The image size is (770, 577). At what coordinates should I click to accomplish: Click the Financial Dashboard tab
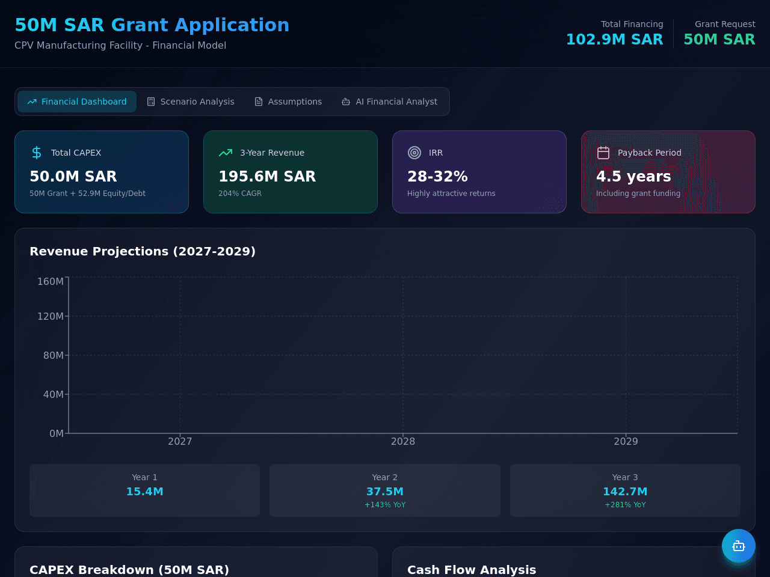[x=77, y=102]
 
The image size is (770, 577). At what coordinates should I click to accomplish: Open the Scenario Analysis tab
[x=191, y=102]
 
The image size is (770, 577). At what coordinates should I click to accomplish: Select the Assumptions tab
[x=288, y=102]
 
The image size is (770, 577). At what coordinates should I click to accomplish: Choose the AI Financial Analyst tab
[x=389, y=102]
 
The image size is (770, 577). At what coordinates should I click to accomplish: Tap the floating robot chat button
[x=739, y=546]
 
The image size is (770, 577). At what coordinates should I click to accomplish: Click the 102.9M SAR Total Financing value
[x=615, y=39]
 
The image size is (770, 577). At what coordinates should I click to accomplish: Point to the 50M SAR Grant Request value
[x=719, y=39]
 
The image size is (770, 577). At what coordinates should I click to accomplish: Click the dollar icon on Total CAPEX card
[x=37, y=153]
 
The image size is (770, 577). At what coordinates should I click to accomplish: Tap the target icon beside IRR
[x=414, y=153]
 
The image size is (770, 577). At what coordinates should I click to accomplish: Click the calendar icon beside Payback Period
[x=603, y=153]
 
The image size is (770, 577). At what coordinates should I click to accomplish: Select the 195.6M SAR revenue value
[x=267, y=176]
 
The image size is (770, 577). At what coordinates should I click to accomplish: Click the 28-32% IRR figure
[x=437, y=176]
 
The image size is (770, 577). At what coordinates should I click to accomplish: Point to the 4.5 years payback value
[x=633, y=176]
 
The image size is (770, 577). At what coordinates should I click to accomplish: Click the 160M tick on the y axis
[x=51, y=281]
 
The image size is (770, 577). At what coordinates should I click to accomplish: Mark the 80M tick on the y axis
[x=54, y=355]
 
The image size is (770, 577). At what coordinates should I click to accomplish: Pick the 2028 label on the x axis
[x=402, y=441]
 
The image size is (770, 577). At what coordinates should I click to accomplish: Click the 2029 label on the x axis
[x=626, y=441]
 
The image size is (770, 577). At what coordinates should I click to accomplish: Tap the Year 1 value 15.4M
[x=144, y=492]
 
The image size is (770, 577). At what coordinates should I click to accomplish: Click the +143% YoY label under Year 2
[x=385, y=505]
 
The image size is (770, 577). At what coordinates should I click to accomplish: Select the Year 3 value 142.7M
[x=625, y=492]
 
